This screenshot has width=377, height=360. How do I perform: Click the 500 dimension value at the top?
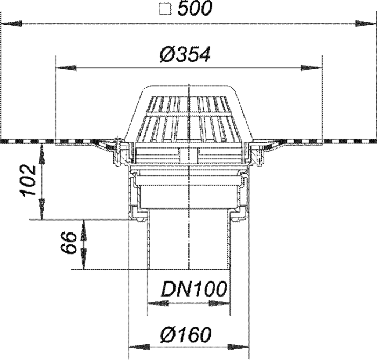[x=195, y=9]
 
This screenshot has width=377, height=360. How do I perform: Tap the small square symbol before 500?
[x=165, y=10]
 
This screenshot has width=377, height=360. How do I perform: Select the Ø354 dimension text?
[x=185, y=54]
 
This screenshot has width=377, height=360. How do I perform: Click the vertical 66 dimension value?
[x=68, y=243]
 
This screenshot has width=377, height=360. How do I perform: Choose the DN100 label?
[x=194, y=289]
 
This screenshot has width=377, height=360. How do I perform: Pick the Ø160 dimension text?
[x=186, y=335]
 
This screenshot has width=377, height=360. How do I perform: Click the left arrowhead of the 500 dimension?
[x=11, y=24]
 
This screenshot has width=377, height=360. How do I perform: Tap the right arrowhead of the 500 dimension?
[x=366, y=24]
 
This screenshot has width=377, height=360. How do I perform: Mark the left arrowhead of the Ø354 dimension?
[x=66, y=68]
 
